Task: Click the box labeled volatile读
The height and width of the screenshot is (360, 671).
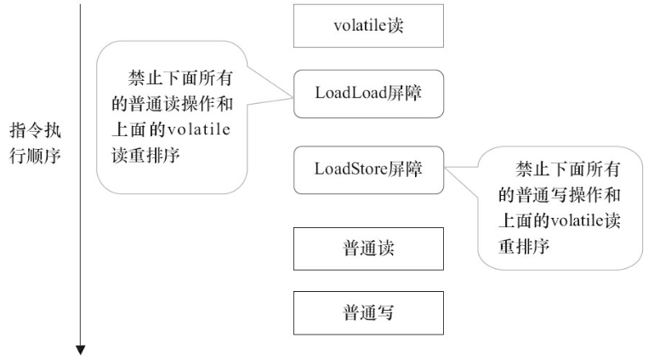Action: click(367, 26)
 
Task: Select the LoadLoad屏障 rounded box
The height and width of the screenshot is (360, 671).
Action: click(367, 94)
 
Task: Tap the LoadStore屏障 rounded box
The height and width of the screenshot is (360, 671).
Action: click(367, 168)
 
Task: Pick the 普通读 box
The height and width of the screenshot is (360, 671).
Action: click(367, 249)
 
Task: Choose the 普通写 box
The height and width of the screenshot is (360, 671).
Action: click(367, 312)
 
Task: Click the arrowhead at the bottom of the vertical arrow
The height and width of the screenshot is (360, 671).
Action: click(81, 349)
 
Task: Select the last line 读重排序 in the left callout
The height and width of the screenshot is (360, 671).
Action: click(146, 157)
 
